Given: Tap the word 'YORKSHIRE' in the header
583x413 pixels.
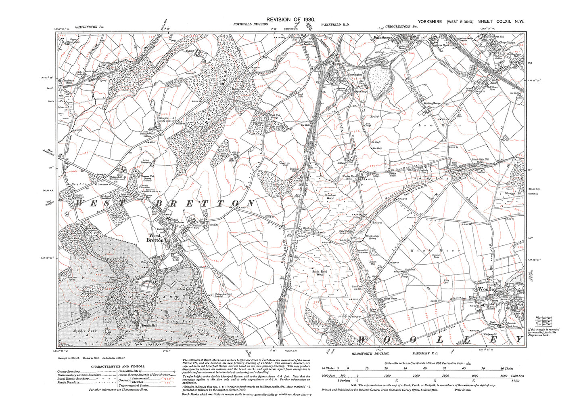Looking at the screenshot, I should (x=430, y=21).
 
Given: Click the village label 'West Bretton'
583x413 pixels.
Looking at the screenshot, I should (x=156, y=238).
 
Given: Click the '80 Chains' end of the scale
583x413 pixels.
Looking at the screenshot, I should (x=506, y=369).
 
